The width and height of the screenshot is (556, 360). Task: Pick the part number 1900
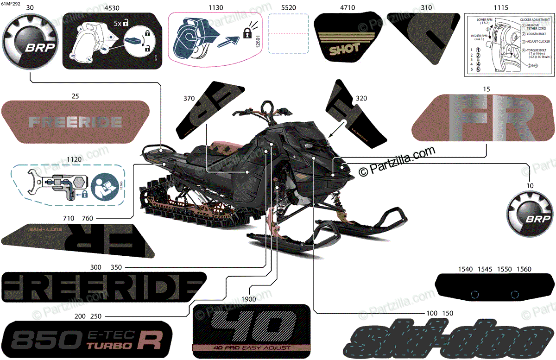248,299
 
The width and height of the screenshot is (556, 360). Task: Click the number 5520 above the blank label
289,7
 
